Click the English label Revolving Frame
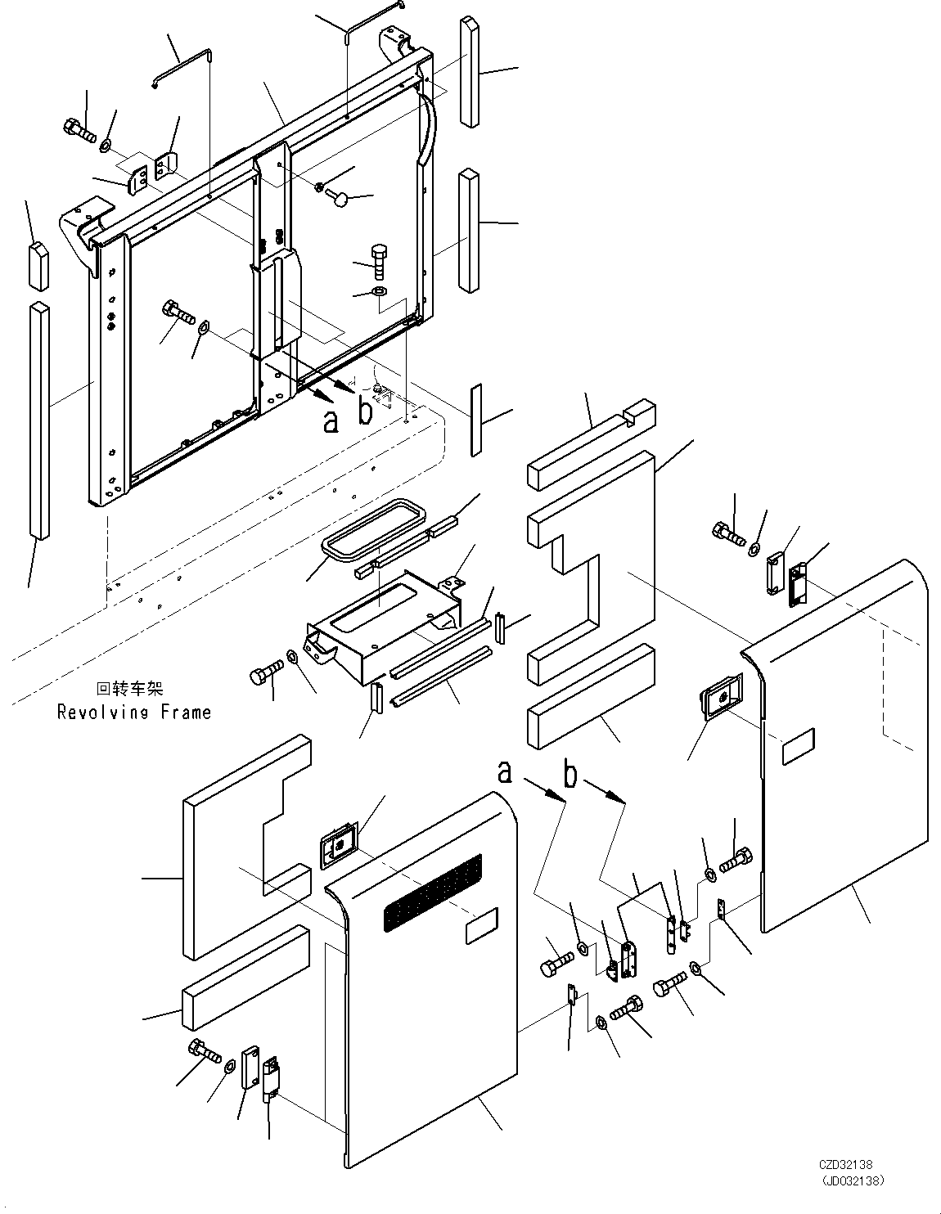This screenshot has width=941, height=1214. (133, 713)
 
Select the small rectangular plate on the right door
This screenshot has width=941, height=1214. (799, 747)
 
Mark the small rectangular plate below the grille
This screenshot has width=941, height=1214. (480, 930)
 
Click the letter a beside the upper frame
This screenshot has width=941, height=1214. (331, 421)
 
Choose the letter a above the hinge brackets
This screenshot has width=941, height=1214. (507, 771)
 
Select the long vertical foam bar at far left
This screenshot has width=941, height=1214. (39, 421)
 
